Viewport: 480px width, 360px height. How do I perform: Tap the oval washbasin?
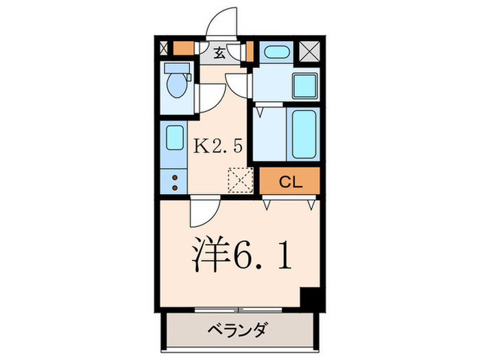click(276, 51)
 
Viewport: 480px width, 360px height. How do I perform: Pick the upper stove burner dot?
click(173, 178)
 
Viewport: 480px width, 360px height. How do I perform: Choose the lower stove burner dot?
click(173, 187)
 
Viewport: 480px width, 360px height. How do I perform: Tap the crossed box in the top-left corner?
click(163, 49)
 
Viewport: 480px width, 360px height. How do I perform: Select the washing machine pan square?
click(304, 86)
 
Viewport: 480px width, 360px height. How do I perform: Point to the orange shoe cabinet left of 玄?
click(182, 49)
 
